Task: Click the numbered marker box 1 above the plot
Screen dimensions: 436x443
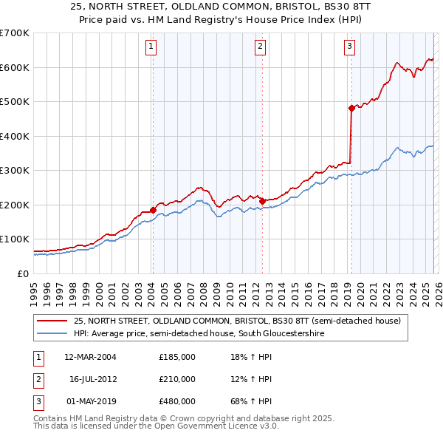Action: pyautogui.click(x=151, y=47)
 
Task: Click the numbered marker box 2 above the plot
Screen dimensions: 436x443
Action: pyautogui.click(x=261, y=47)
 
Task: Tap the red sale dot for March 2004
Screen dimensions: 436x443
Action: pyautogui.click(x=153, y=210)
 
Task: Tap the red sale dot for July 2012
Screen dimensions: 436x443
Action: pyautogui.click(x=262, y=201)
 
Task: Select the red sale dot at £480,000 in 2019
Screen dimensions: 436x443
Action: pyautogui.click(x=351, y=108)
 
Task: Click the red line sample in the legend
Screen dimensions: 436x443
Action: pyautogui.click(x=52, y=321)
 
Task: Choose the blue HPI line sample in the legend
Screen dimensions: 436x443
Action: pyautogui.click(x=52, y=333)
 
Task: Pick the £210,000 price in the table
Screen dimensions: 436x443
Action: pyautogui.click(x=177, y=379)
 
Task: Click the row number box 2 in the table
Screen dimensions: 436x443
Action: pyautogui.click(x=36, y=379)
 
